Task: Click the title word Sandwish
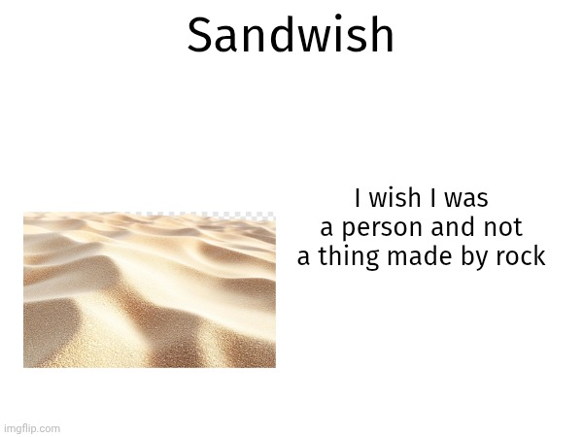[x=291, y=36]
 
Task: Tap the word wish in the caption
[x=391, y=199]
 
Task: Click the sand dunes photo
[x=149, y=291]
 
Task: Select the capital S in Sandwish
[x=198, y=36]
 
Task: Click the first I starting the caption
[x=358, y=199]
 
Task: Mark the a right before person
[x=326, y=229]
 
